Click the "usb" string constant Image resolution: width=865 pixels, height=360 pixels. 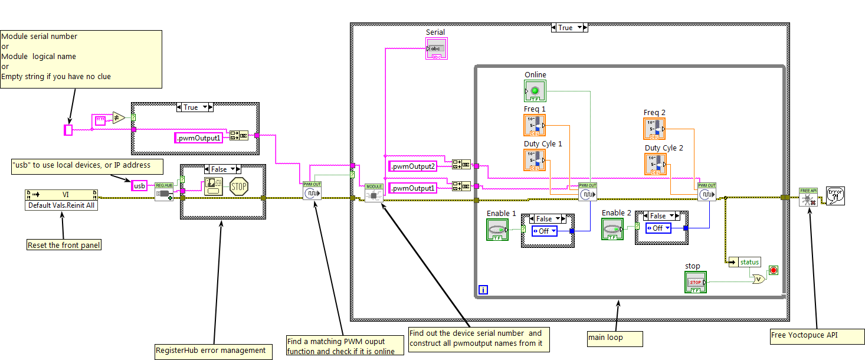[x=139, y=186]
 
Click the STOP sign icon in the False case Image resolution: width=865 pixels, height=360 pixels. [x=238, y=186]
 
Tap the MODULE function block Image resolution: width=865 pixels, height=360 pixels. [x=373, y=192]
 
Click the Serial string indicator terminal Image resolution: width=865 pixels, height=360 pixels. [x=436, y=48]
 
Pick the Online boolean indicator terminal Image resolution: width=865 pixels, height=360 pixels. [x=535, y=91]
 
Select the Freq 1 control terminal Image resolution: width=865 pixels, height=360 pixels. [x=534, y=125]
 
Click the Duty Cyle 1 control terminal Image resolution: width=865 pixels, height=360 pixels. [x=534, y=160]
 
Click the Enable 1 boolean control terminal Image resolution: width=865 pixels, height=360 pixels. [x=497, y=230]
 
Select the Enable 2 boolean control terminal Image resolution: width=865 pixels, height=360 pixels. [x=612, y=230]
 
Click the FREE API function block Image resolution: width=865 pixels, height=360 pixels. [x=808, y=197]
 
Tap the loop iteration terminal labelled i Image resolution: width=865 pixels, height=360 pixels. [x=484, y=290]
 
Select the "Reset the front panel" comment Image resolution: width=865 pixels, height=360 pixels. [x=64, y=245]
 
